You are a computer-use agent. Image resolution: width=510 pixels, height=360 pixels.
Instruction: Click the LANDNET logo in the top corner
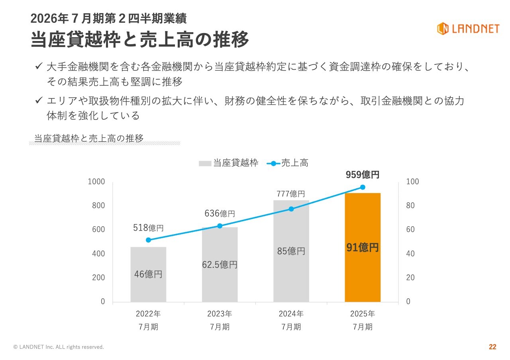pos(468,29)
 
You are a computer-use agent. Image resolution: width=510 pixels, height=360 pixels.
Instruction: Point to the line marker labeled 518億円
pos(148,240)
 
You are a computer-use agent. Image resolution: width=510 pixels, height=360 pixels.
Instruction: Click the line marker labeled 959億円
pos(363,187)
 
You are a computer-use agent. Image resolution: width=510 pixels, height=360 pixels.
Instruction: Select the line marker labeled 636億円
pos(220,226)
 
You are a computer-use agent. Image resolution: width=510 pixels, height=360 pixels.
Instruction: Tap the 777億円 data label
pos(291,194)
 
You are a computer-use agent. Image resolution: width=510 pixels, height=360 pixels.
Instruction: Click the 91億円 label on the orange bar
pos(362,248)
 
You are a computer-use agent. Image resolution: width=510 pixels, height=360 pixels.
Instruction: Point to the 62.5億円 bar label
pos(220,264)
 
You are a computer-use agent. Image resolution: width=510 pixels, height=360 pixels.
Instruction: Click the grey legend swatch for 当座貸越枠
pos(205,163)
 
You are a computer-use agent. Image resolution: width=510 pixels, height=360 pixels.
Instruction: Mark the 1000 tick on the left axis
pos(96,182)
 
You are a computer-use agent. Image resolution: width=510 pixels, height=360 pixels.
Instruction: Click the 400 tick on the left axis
pos(98,254)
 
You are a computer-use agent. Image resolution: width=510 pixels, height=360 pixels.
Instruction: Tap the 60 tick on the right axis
pos(410,230)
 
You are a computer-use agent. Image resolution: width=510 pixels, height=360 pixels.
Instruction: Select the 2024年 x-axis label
pos(291,314)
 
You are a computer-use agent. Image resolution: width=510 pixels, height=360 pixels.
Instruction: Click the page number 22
pos(492,347)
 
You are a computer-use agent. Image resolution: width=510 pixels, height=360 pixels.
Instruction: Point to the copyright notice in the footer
pos(59,347)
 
